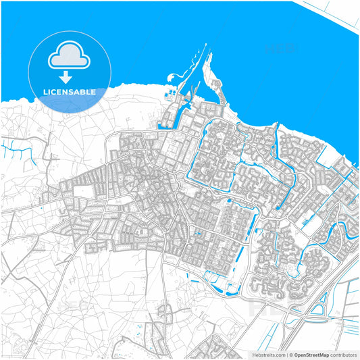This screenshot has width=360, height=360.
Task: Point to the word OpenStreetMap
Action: pos(311,355)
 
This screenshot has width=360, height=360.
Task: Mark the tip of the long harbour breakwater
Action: pos(205,46)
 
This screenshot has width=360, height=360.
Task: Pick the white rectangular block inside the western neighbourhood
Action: pos(82,192)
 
